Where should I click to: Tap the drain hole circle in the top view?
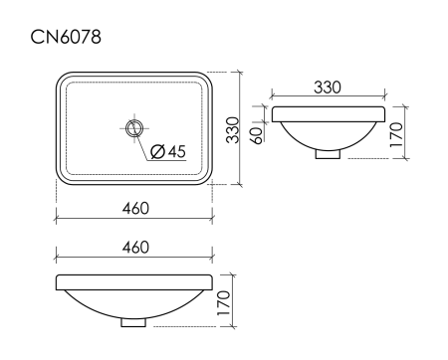coord(134,126)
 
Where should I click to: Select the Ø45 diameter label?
coord(168,151)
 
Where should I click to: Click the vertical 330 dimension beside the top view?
coord(231,128)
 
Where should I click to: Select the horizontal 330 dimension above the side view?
coord(328,88)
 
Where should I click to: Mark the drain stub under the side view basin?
coord(328,154)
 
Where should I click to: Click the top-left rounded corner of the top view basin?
coord(62,78)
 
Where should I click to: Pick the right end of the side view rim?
coord(381,113)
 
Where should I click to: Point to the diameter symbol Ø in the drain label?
coord(157,151)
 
